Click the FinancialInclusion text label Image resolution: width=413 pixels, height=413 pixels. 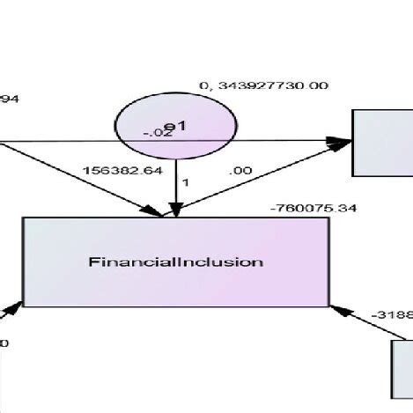point(176,262)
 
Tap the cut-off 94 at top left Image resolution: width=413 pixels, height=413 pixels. point(7,99)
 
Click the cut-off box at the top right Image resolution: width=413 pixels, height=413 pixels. point(382,140)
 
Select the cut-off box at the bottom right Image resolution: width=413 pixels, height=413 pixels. point(402,369)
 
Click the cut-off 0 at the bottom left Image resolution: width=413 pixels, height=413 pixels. point(4,343)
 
